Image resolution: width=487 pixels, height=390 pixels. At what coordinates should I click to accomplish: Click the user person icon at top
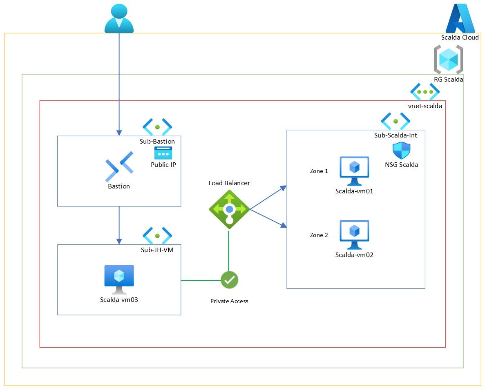[x=119, y=18]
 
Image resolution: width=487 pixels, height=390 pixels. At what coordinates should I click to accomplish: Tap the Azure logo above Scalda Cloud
[x=460, y=18]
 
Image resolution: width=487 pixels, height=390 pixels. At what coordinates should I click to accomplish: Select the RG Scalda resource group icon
[x=448, y=60]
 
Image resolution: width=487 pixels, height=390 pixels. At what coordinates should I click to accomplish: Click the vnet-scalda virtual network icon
[x=425, y=92]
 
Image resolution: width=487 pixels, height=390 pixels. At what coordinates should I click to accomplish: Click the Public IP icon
[x=163, y=153]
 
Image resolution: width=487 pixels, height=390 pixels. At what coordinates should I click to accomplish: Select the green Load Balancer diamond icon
[x=229, y=209]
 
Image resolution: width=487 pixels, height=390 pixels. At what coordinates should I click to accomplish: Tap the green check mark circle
[x=229, y=280]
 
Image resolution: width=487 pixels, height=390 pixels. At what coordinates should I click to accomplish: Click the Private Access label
[x=229, y=301]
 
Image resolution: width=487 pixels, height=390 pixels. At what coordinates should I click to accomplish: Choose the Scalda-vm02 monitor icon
[x=354, y=235]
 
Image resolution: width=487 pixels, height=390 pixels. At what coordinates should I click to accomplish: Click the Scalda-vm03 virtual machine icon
[x=119, y=279]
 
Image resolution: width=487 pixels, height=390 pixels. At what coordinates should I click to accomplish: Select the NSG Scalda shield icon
[x=401, y=151]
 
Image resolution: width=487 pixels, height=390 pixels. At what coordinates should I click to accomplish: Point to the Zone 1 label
[x=319, y=171]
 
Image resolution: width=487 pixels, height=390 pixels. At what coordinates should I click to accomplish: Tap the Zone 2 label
[x=319, y=235]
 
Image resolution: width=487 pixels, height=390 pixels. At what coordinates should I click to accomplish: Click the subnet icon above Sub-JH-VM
[x=157, y=236]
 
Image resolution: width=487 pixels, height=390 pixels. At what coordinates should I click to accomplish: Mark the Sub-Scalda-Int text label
[x=395, y=135]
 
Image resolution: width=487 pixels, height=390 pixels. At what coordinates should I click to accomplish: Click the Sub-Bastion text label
[x=157, y=142]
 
